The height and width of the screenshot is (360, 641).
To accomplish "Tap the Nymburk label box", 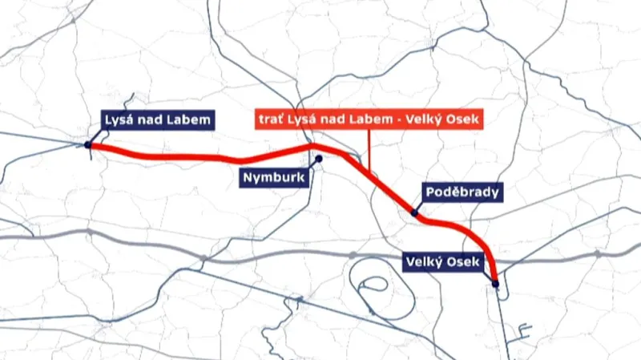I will (274, 178).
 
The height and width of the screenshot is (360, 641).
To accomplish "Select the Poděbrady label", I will (463, 192).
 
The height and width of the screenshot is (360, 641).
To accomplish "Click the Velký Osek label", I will (442, 263).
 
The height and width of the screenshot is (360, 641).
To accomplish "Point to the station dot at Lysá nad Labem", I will (88, 145).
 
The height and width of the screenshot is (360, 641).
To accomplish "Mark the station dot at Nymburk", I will (318, 158).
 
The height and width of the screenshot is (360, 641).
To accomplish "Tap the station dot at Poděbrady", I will (414, 212).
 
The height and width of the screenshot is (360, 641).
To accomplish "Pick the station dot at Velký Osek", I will (496, 283).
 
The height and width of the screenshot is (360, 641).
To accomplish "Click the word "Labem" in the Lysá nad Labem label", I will (194, 121).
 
